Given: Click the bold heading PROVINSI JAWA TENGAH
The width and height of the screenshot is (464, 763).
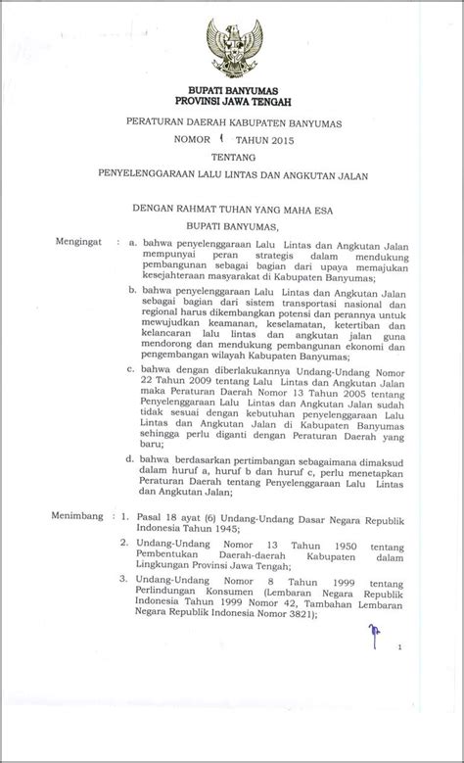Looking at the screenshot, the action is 233,100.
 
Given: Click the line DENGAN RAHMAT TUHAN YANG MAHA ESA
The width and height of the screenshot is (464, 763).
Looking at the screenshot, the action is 233,207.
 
